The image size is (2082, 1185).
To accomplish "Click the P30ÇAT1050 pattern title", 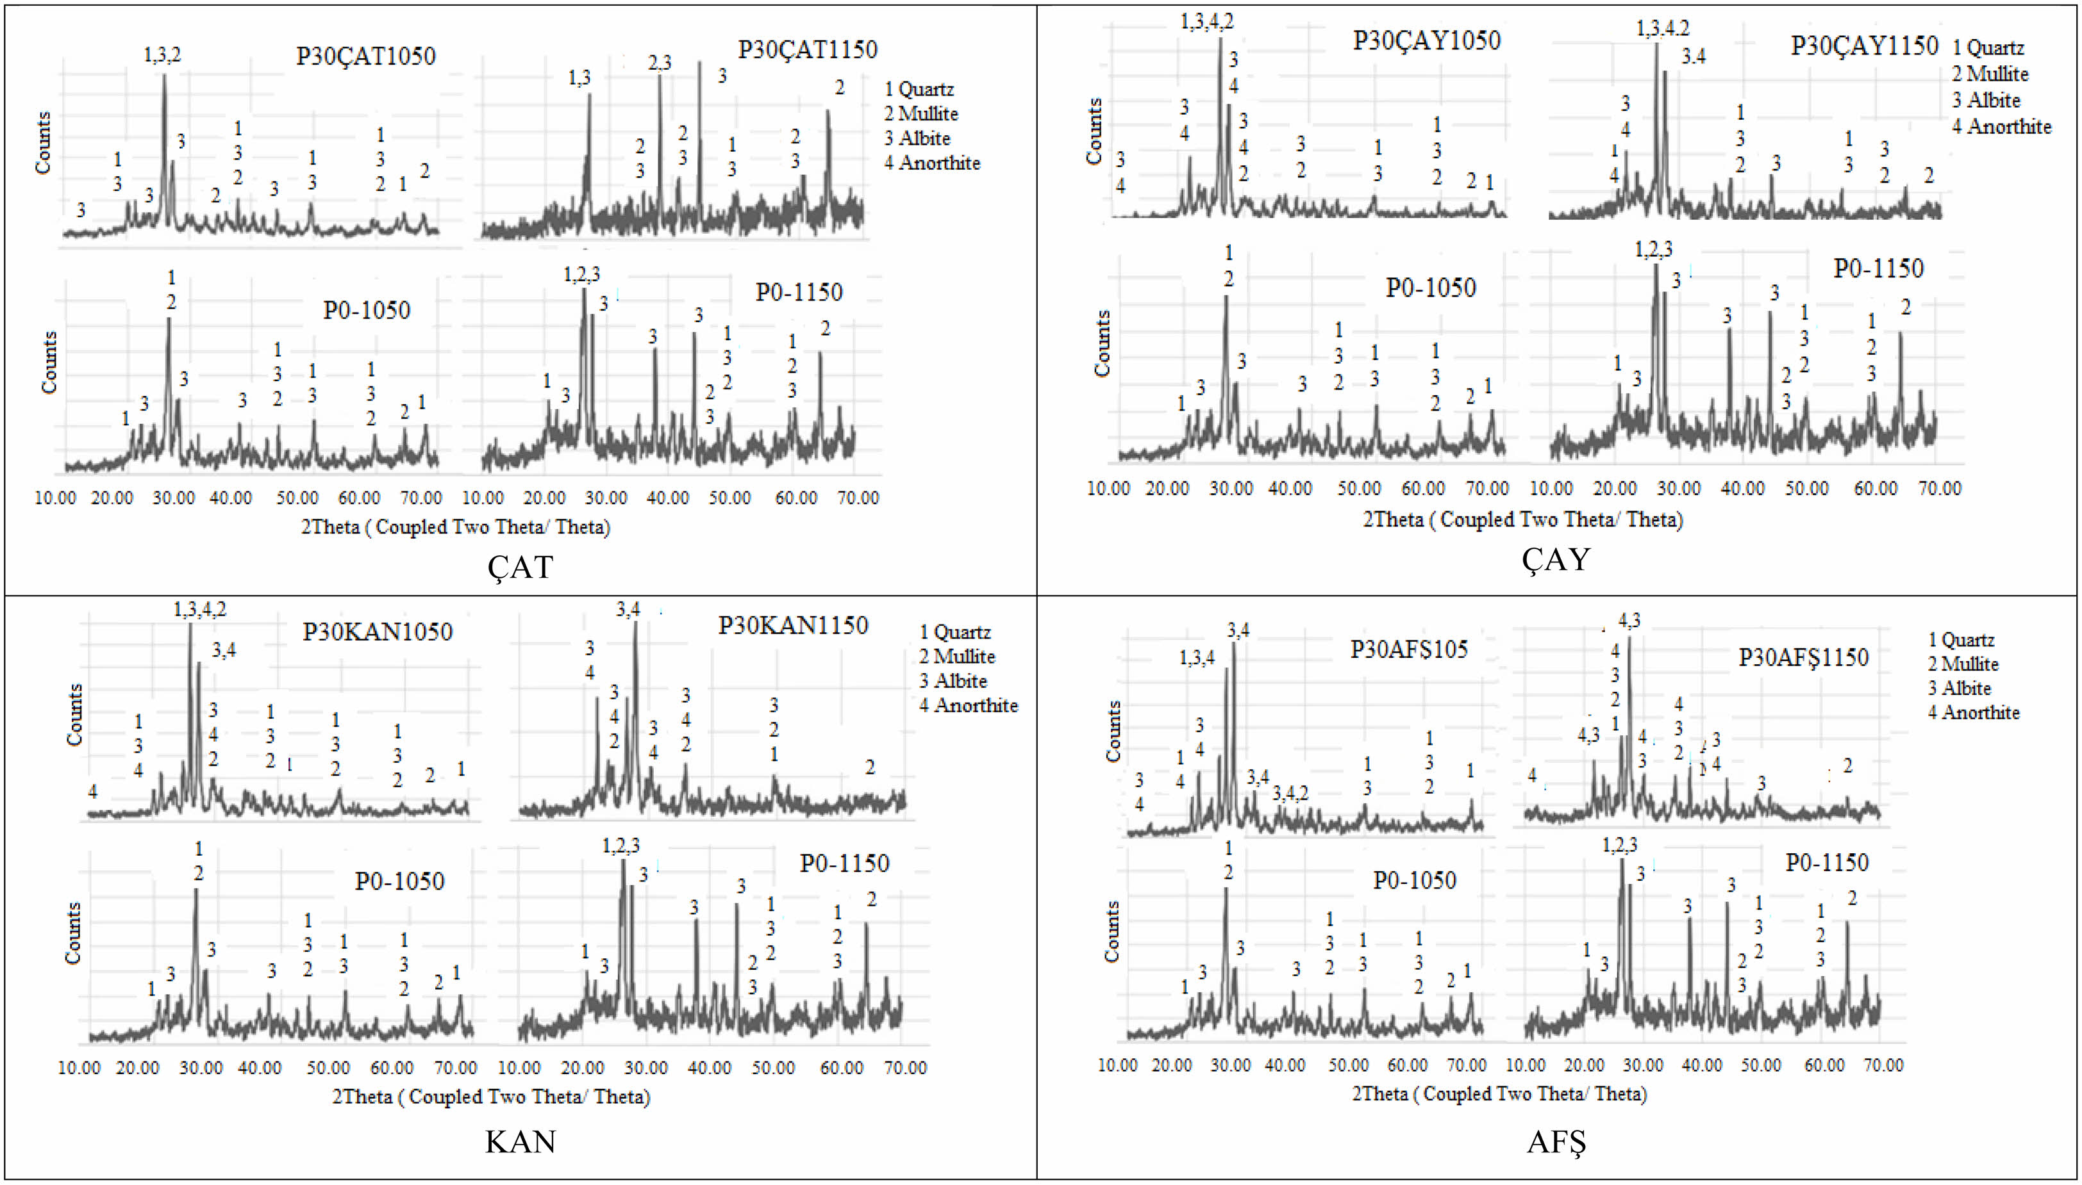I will (x=365, y=56).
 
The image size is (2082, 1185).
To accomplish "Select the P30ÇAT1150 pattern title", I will (x=808, y=50).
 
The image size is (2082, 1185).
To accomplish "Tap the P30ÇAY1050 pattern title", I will (x=1426, y=41).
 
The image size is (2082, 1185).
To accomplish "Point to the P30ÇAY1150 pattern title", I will (x=1864, y=45).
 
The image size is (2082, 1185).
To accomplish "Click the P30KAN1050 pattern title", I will (x=378, y=632).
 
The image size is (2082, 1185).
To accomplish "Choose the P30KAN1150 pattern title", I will (x=793, y=625).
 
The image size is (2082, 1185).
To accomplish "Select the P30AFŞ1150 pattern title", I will (x=1804, y=658).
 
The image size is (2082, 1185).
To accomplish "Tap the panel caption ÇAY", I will (x=1555, y=560).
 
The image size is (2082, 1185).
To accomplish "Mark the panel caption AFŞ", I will (x=1556, y=1143).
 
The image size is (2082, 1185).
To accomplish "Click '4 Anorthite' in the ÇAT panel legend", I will (x=932, y=163).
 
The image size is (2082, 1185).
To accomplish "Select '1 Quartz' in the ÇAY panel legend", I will (x=1988, y=47).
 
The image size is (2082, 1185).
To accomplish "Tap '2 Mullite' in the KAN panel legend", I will (x=958, y=656).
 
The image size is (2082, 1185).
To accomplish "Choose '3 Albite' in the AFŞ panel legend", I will (x=1959, y=689).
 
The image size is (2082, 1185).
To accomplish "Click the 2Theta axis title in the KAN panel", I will (x=491, y=1097).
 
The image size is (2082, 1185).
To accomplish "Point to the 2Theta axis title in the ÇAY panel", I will (x=1522, y=519).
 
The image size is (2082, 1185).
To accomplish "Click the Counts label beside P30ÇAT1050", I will (x=42, y=142).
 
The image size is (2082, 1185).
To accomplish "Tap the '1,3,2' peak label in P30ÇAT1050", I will (x=162, y=54).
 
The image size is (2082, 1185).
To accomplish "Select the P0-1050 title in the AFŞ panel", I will (x=1414, y=880).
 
